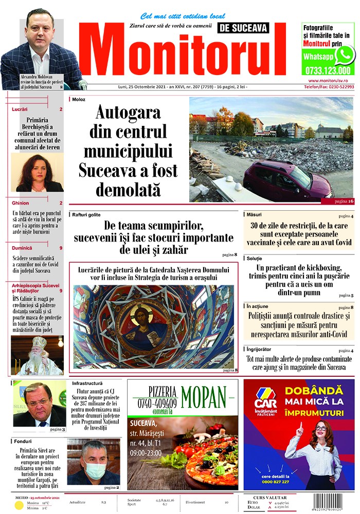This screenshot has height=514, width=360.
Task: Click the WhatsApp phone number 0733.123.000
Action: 328,71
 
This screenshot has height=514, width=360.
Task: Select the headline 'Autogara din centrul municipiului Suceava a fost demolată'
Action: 128,151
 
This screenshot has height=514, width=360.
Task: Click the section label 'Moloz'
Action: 79,99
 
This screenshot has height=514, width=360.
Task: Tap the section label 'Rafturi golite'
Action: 86,214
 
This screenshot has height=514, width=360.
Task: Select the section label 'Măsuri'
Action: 254,214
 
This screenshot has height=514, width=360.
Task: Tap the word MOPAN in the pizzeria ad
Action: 204,395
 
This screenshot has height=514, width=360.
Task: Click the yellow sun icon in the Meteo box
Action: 19,505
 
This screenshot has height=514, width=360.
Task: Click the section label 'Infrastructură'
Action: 90,383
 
